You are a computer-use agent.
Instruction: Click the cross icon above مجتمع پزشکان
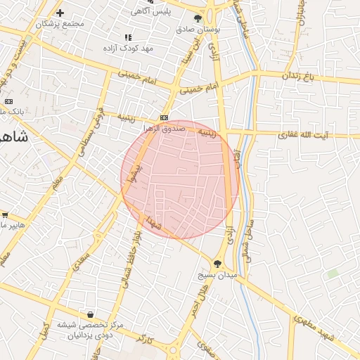point(60,13)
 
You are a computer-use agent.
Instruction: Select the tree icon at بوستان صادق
point(198,19)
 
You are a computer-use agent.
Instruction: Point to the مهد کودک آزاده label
point(137,48)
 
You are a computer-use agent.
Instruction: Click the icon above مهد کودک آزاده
point(127,37)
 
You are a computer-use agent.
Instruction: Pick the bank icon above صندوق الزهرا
point(164,117)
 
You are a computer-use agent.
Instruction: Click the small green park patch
point(332,272)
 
